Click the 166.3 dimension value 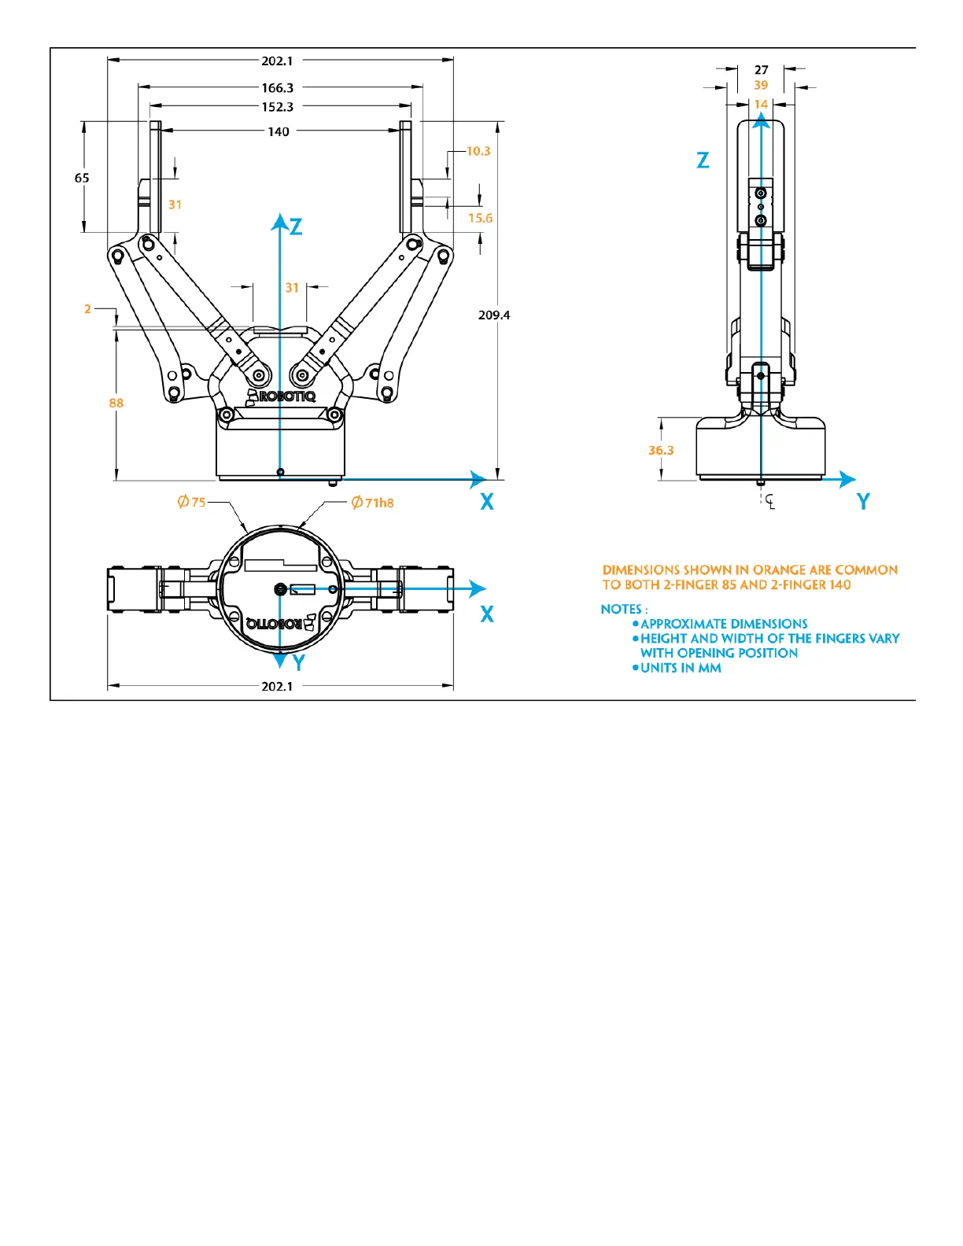tap(277, 88)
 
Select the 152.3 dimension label tap(277, 107)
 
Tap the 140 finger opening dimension tap(279, 132)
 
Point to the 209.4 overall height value tap(494, 315)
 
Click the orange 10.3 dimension tap(478, 151)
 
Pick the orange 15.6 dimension tap(480, 218)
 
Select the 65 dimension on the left tap(82, 178)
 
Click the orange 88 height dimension tap(116, 403)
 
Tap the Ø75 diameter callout tap(192, 502)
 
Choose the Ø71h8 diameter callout tap(373, 503)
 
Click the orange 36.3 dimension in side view tap(661, 451)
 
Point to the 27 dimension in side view tap(761, 70)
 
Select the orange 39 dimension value tap(761, 85)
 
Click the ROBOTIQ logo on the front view tap(282, 396)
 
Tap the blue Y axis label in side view tap(863, 502)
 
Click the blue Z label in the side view tap(703, 160)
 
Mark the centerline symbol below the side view tap(769, 500)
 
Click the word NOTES tap(622, 609)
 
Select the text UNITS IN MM tap(681, 668)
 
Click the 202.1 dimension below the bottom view tap(277, 686)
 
